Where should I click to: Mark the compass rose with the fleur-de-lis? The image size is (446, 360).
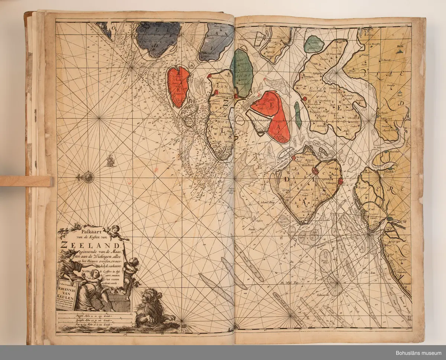[88, 177]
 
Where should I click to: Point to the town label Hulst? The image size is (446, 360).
[400, 48]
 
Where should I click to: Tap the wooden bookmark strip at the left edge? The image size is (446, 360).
[26, 181]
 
